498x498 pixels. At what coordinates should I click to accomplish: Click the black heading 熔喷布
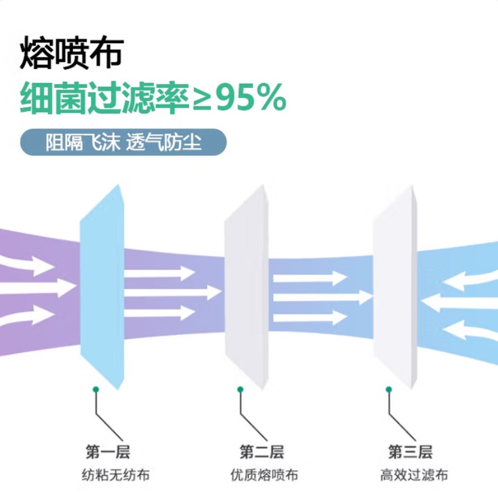(72, 53)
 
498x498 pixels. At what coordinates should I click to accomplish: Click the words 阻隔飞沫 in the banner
(83, 143)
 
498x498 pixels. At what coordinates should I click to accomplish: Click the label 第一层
(107, 452)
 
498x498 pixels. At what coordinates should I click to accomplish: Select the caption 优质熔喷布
(264, 475)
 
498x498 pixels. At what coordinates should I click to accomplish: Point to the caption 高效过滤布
(414, 475)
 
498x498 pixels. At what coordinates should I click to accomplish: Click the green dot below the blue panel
(95, 389)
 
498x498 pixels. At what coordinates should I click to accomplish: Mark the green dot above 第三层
(388, 389)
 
